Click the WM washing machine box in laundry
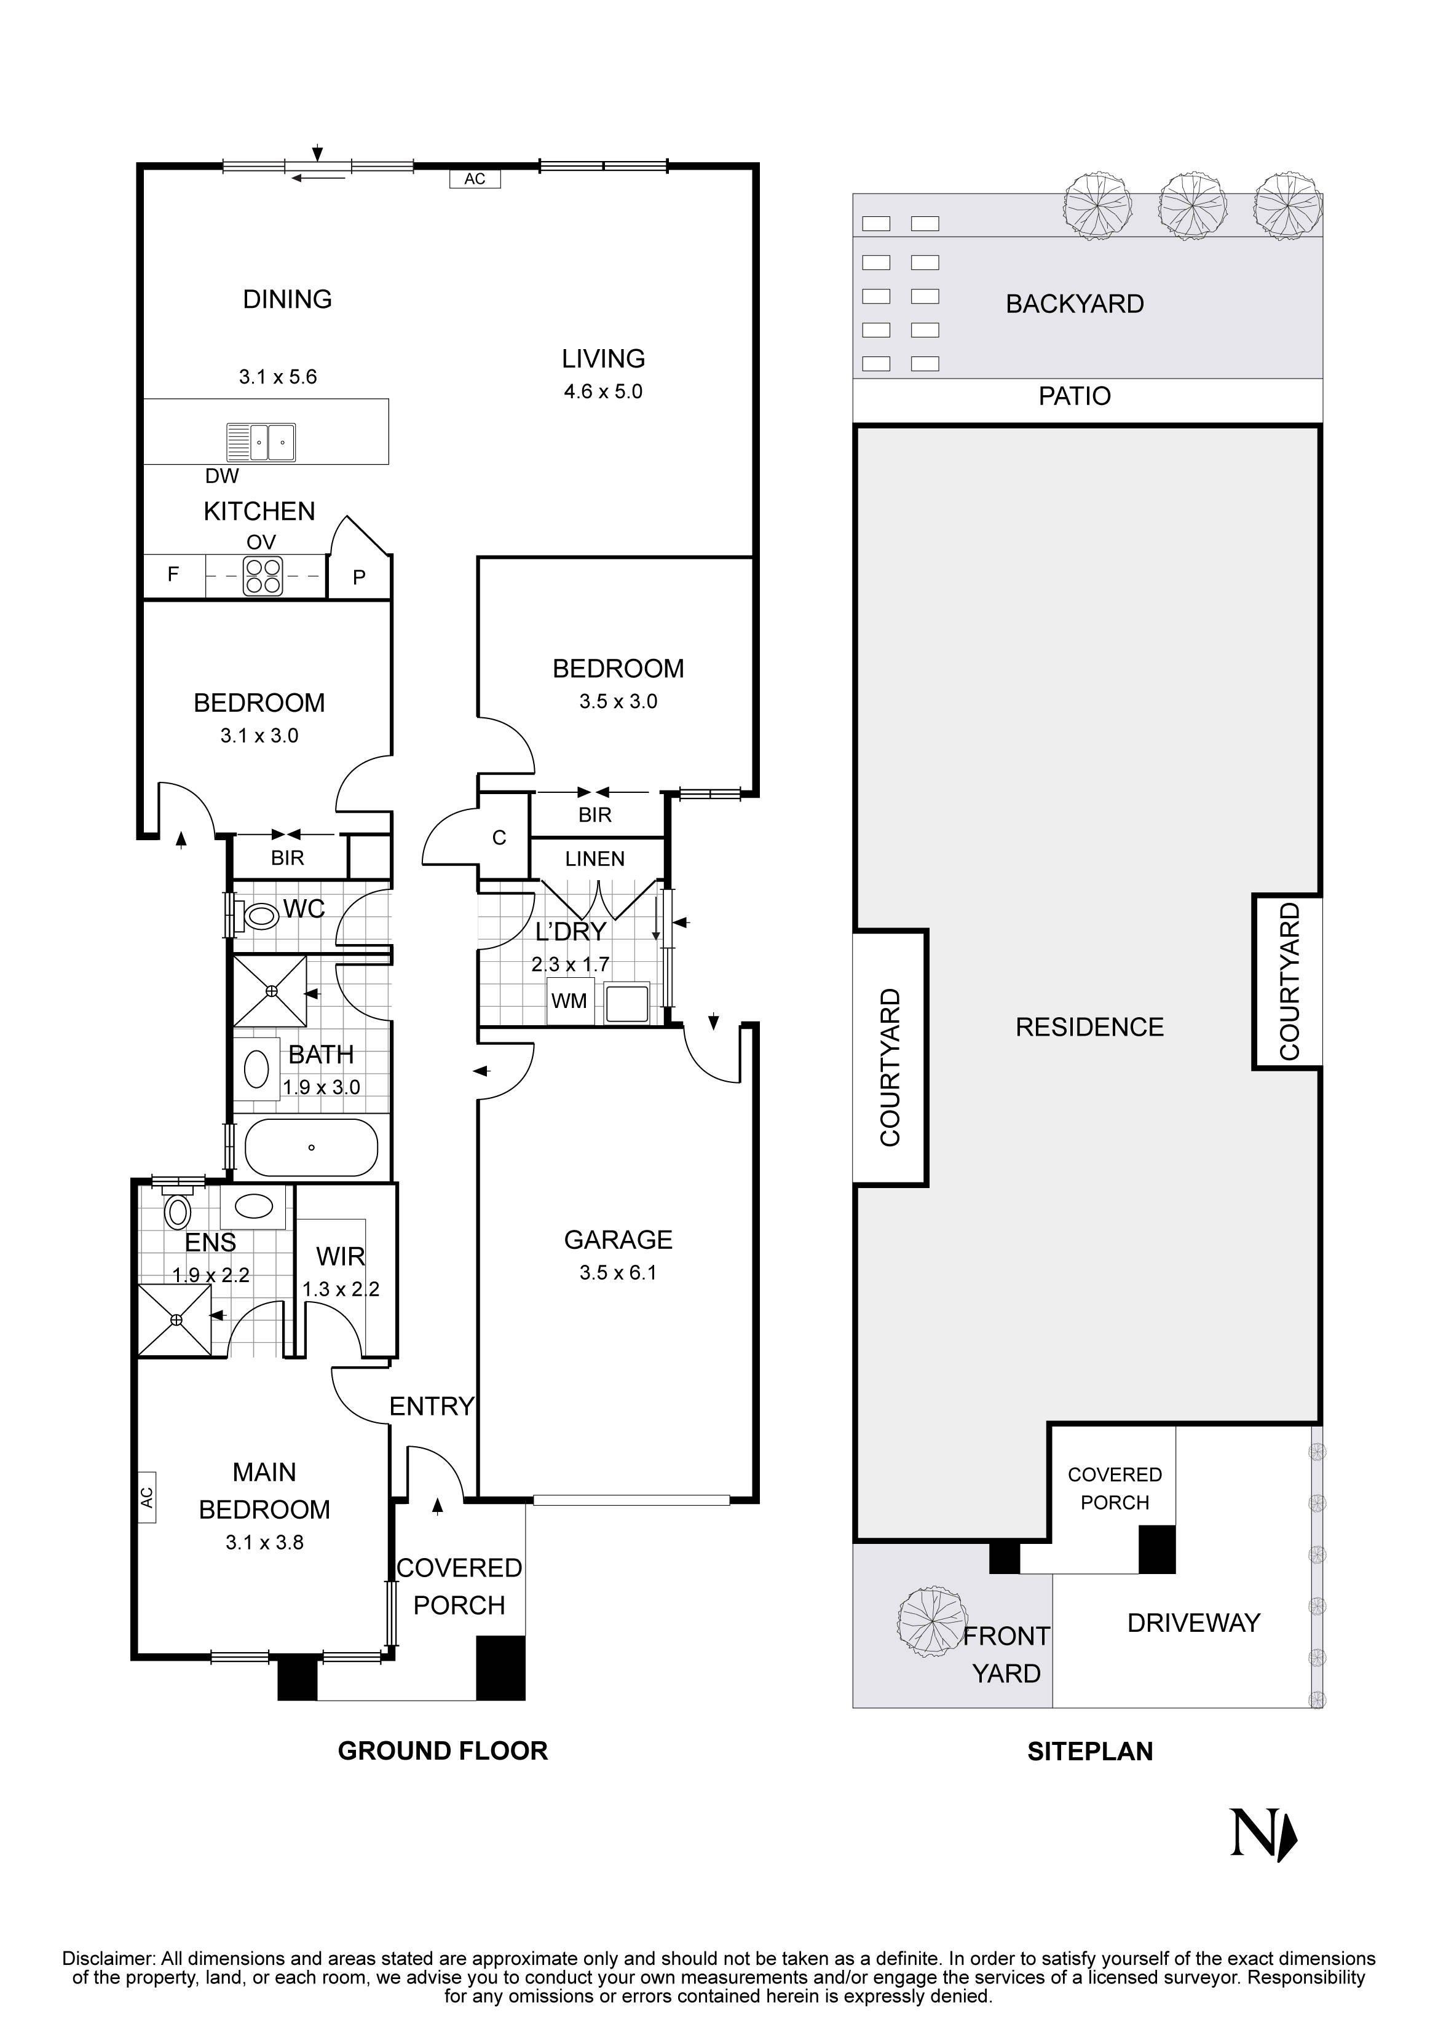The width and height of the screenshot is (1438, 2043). click(569, 1001)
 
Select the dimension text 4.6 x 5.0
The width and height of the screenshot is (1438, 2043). click(602, 392)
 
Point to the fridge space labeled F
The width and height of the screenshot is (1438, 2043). click(173, 575)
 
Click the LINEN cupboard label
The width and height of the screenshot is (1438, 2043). click(595, 859)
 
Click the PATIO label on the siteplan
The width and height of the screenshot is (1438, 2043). click(1074, 396)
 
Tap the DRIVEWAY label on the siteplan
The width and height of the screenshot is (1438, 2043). click(1193, 1623)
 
